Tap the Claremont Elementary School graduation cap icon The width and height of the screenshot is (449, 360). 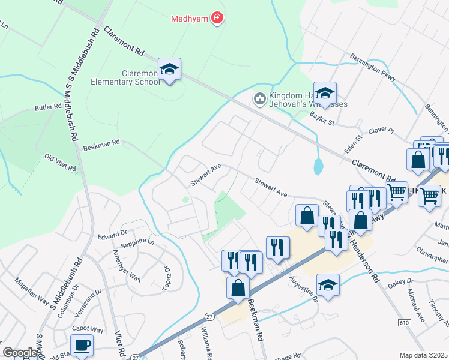pos(170,70)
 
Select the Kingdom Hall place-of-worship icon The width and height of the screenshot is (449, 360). pos(260,97)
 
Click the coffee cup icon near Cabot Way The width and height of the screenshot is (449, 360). pos(82,345)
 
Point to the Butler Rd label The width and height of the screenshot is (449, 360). pos(49,107)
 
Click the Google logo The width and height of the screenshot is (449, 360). pos(20,353)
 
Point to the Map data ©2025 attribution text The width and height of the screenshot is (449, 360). pos(423,355)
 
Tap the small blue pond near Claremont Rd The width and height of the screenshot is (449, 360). pos(318,165)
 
